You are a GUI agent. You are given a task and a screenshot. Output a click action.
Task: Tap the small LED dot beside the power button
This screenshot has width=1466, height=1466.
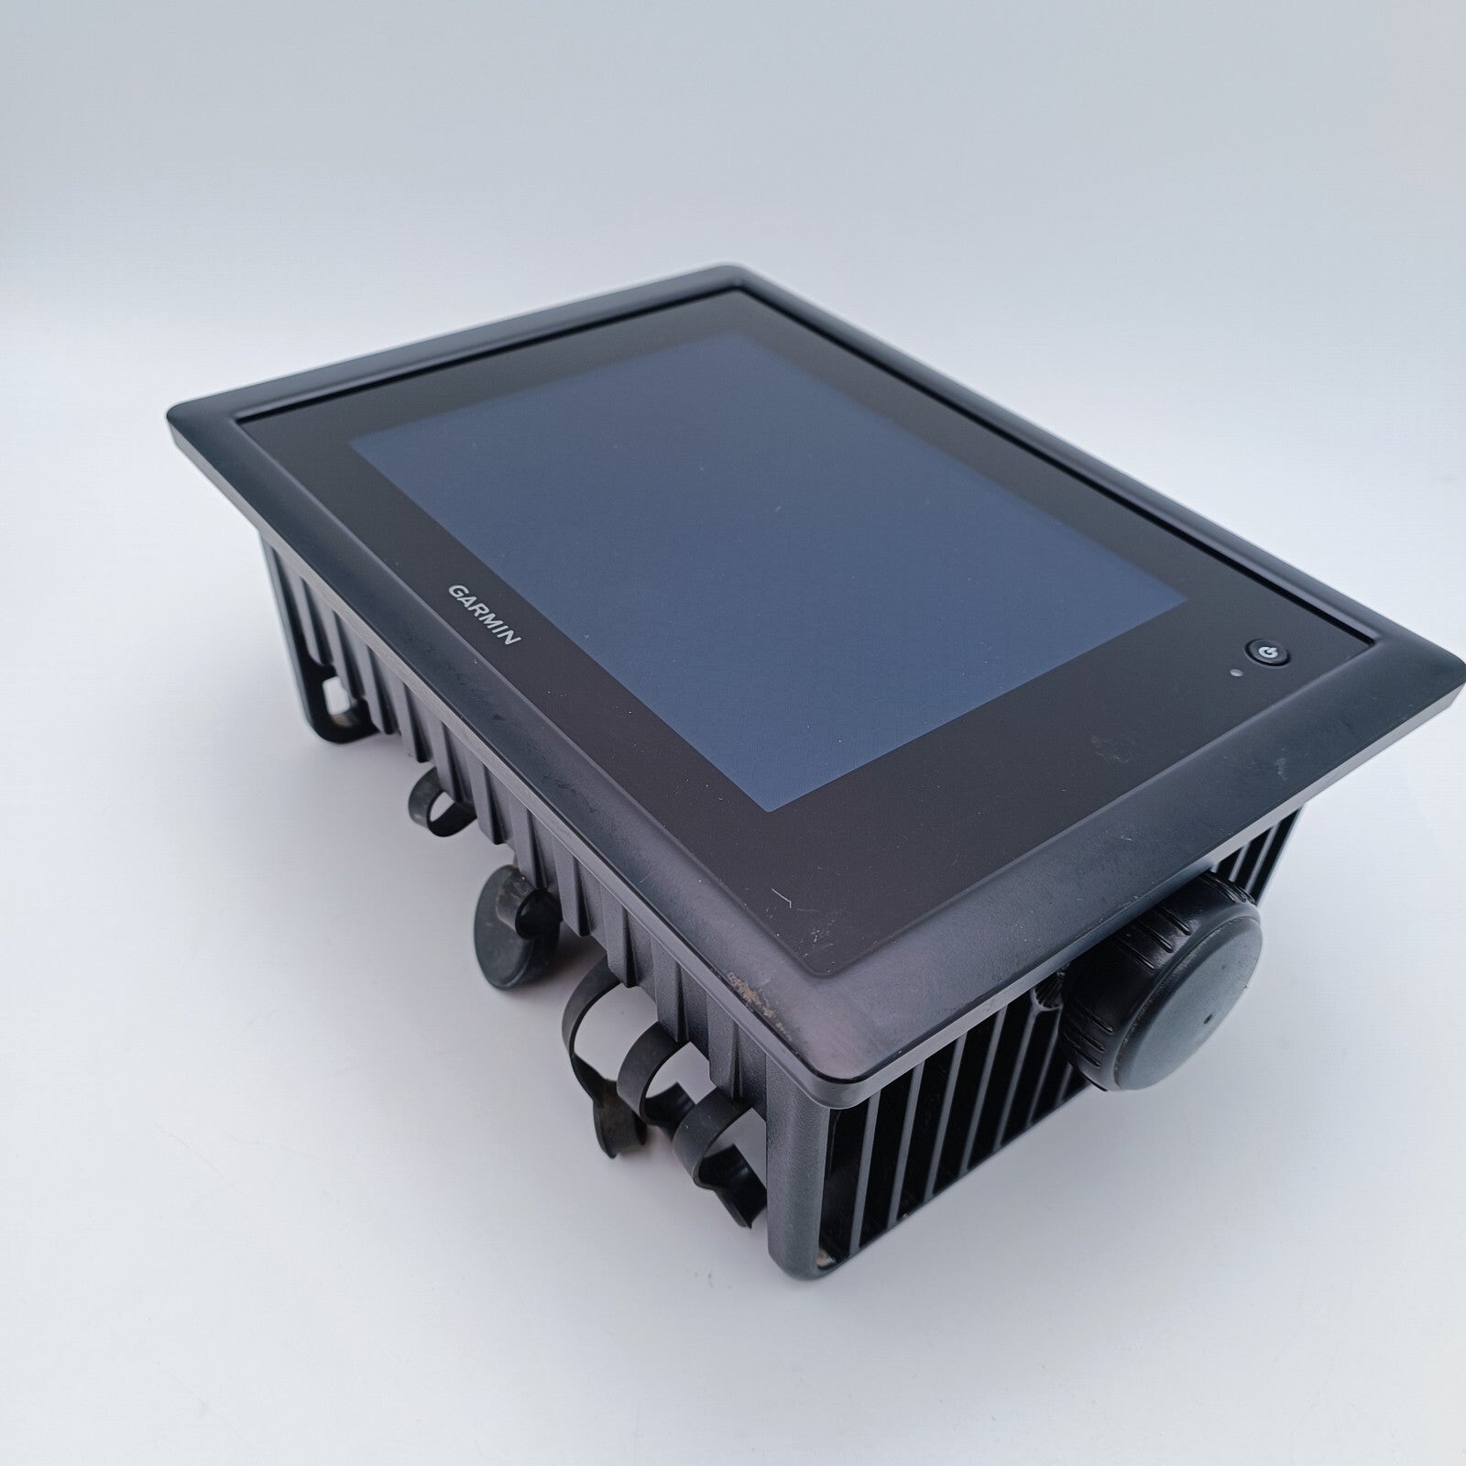pyautogui.click(x=1239, y=675)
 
